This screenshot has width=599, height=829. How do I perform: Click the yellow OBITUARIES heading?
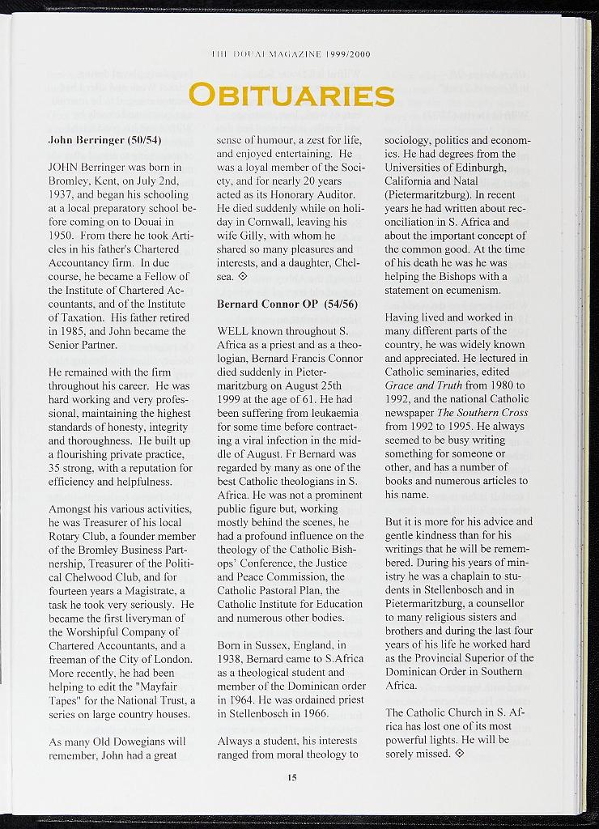(x=291, y=95)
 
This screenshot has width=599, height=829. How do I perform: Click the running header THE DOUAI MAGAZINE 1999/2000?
(x=291, y=55)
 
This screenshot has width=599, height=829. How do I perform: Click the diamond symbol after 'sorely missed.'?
(x=460, y=754)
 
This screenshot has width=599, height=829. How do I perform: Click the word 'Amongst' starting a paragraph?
(x=71, y=508)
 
